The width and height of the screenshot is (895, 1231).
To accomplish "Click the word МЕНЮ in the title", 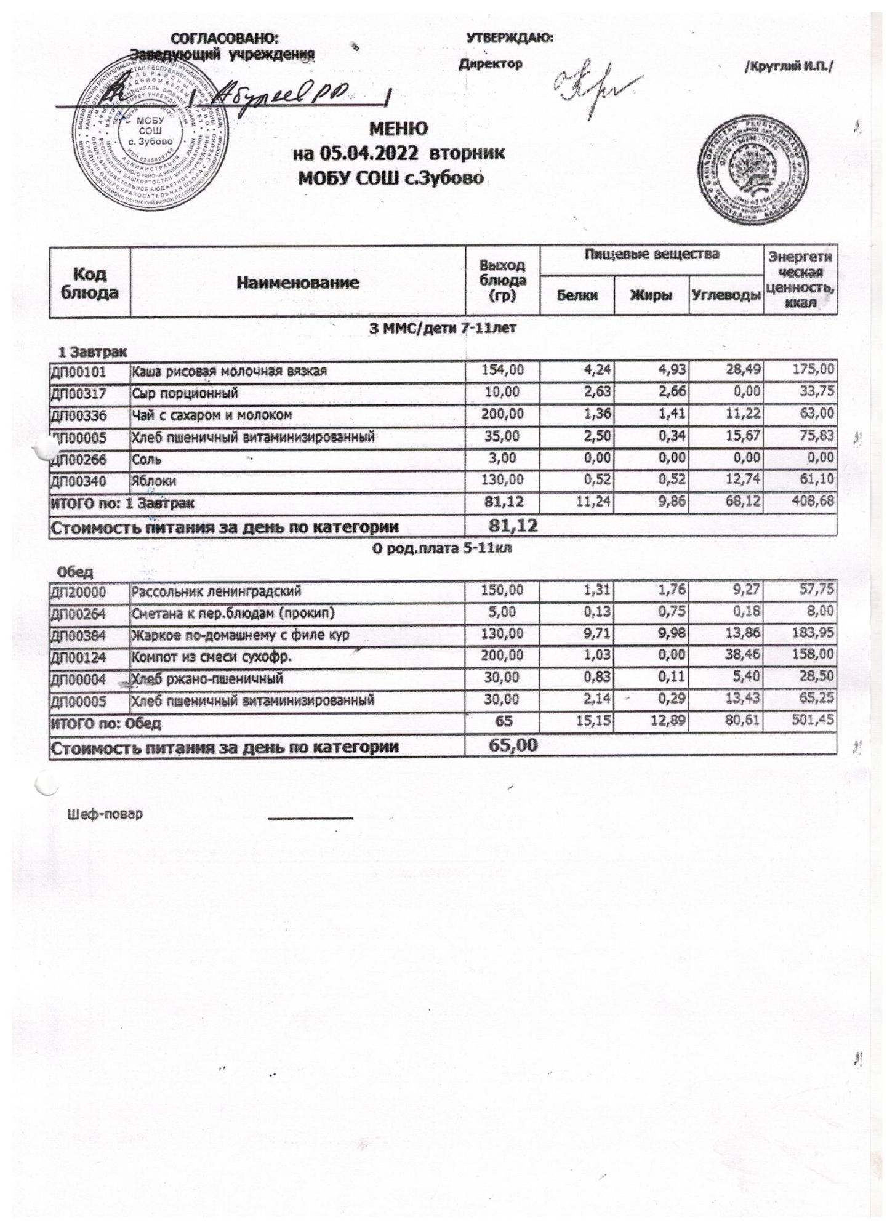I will [x=398, y=129].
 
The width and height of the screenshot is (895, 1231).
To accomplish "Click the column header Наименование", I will [x=298, y=283].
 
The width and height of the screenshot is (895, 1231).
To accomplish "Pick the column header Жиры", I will [x=652, y=295].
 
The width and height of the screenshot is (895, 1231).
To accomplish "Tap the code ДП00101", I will [x=78, y=371].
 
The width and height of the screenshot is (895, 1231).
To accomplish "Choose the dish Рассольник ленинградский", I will [x=216, y=592].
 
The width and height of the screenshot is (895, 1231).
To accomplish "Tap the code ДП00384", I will [x=78, y=635].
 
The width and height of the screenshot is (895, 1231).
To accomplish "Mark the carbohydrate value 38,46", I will [x=743, y=656].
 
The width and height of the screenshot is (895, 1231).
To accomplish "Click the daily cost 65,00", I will [x=513, y=746].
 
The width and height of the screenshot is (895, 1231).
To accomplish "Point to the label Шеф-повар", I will [x=105, y=814].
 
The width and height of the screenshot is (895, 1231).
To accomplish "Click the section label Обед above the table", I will [x=75, y=572].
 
